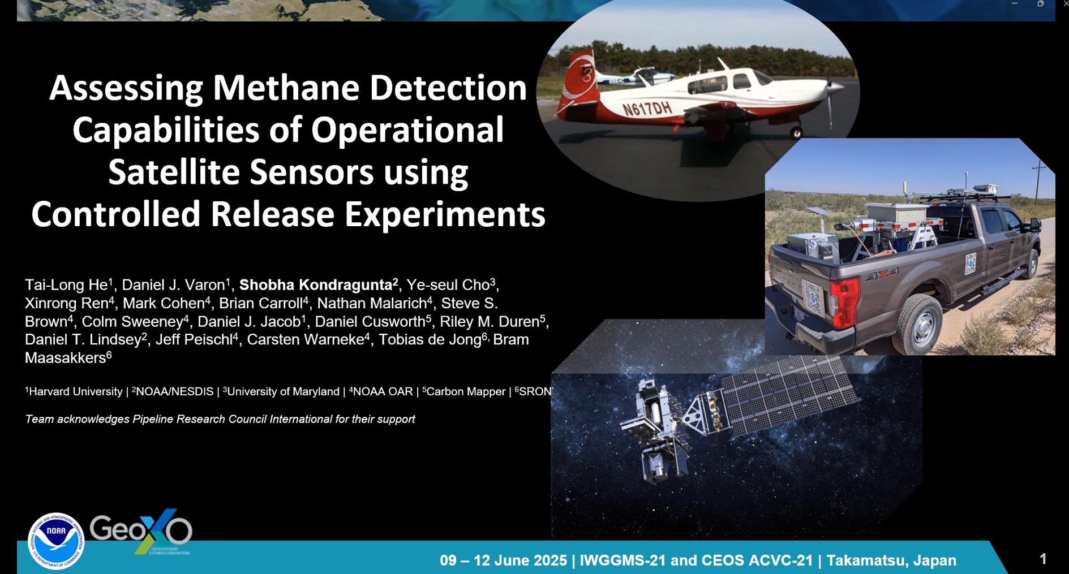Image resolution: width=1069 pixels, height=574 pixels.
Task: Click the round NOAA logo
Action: pos(56,541)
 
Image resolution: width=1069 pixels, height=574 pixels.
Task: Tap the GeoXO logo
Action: pos(141,532)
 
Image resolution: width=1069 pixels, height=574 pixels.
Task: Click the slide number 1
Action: pos(1043,559)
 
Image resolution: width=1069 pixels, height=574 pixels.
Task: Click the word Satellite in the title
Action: pos(175,172)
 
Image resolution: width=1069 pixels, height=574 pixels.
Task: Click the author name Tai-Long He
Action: pos(68,284)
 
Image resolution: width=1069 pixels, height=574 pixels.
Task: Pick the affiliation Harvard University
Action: pos(75,391)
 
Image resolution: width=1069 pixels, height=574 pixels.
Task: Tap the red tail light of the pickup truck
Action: pos(845,303)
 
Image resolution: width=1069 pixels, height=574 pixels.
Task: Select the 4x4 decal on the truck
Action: pos(882,275)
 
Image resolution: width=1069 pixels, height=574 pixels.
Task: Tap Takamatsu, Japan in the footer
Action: pos(891,560)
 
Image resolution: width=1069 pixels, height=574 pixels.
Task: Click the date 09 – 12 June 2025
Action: pos(503,560)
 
